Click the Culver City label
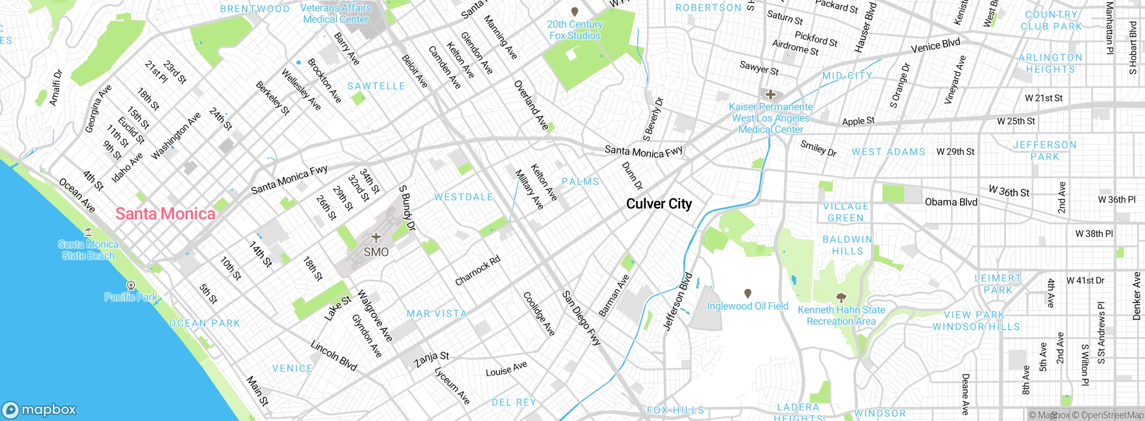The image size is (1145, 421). click(x=659, y=204)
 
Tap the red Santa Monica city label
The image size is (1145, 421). click(x=165, y=214)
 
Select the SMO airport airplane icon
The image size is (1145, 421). click(x=376, y=237)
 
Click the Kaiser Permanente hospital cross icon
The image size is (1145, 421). click(x=770, y=95)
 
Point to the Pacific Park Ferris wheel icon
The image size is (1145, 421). click(x=131, y=285)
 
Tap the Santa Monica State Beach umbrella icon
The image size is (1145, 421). click(x=88, y=232)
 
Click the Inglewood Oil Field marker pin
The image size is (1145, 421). click(x=747, y=293)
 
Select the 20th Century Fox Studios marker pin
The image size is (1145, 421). click(x=575, y=12)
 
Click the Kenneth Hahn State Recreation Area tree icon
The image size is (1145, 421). click(x=841, y=297)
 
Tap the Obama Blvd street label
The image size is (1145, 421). click(x=951, y=202)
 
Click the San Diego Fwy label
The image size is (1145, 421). click(x=581, y=318)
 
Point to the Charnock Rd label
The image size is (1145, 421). click(x=477, y=271)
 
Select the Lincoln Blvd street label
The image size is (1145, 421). click(x=334, y=356)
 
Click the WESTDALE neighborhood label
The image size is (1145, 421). click(x=463, y=197)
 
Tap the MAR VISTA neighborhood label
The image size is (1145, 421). click(x=437, y=314)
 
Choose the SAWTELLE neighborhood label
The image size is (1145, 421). click(x=376, y=86)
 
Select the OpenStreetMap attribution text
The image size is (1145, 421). click(x=1111, y=415)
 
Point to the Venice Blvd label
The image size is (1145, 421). click(x=935, y=45)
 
